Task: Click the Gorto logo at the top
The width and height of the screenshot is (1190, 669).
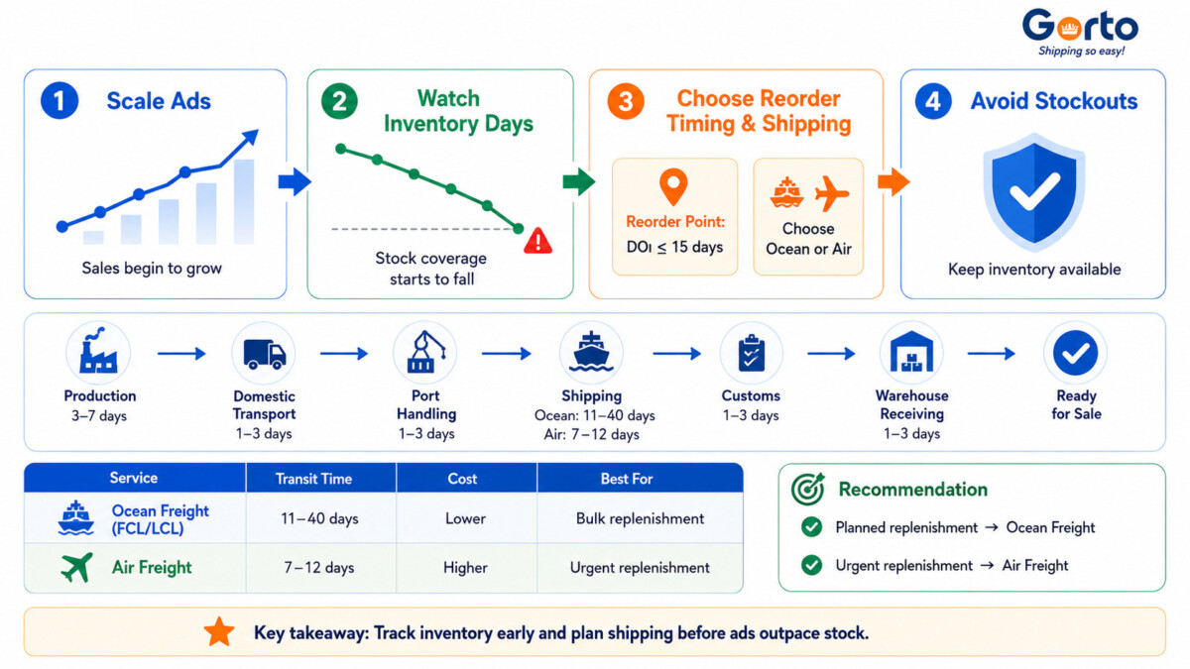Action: click(x=1080, y=32)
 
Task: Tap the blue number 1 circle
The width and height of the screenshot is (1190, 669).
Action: click(x=59, y=100)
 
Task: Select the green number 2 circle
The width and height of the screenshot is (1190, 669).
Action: click(x=339, y=101)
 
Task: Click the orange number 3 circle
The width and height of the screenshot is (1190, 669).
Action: click(x=626, y=101)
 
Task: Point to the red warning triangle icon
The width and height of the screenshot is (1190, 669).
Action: click(x=537, y=241)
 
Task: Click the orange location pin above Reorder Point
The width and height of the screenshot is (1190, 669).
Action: click(x=673, y=187)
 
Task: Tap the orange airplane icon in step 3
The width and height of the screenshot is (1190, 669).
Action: click(x=832, y=193)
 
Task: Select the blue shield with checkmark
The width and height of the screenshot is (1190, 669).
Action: click(x=1033, y=191)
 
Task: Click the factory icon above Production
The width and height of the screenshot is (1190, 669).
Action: click(x=98, y=351)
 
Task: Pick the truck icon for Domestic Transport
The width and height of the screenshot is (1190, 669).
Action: click(x=264, y=354)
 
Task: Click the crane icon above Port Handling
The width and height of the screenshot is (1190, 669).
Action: click(x=425, y=352)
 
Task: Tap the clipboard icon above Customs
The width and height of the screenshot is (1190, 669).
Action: click(x=751, y=353)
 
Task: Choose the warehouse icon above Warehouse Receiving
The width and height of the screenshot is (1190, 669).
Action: click(x=911, y=352)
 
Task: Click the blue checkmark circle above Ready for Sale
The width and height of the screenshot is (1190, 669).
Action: click(x=1075, y=353)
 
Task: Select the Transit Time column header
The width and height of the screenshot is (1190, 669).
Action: click(x=313, y=479)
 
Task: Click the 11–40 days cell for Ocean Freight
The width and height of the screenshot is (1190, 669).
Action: click(x=319, y=518)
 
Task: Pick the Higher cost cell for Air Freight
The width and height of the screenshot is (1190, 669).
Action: click(x=465, y=568)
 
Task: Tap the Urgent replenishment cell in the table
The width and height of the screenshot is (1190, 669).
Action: click(x=640, y=568)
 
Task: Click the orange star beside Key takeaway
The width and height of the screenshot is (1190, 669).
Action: click(x=219, y=632)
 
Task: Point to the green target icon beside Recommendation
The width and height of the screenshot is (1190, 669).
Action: click(x=807, y=489)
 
